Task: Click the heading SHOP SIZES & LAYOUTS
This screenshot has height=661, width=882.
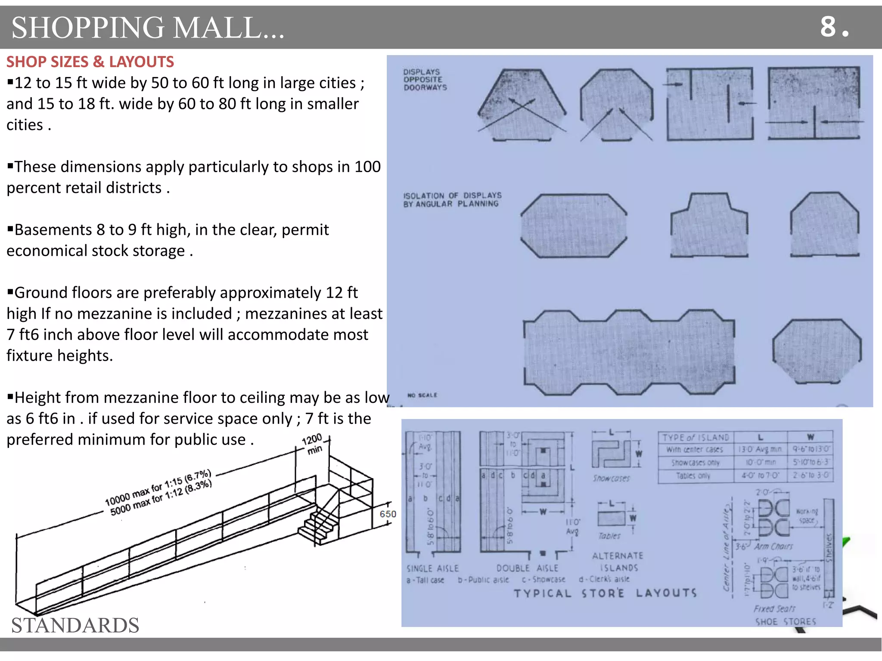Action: [90, 62]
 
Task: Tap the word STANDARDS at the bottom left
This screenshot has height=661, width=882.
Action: [75, 625]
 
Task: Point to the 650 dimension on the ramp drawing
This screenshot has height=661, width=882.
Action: [388, 514]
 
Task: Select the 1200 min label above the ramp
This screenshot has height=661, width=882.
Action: [313, 444]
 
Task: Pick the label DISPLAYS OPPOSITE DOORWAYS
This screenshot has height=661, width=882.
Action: [425, 80]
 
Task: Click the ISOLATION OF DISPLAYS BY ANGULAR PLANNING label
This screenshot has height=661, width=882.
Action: [452, 200]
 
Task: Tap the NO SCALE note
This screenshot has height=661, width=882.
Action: [422, 395]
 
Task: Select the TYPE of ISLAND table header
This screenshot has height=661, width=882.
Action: [696, 438]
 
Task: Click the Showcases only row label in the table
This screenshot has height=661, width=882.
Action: [695, 463]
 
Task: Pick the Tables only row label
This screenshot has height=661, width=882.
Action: [693, 476]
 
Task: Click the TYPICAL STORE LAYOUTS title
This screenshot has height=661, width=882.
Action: [605, 593]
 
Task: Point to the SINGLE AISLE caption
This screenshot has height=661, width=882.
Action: [432, 568]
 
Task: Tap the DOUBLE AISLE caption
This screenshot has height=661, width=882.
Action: [527, 568]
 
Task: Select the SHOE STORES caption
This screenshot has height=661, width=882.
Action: [786, 621]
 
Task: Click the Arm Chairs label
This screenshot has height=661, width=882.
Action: [773, 546]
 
